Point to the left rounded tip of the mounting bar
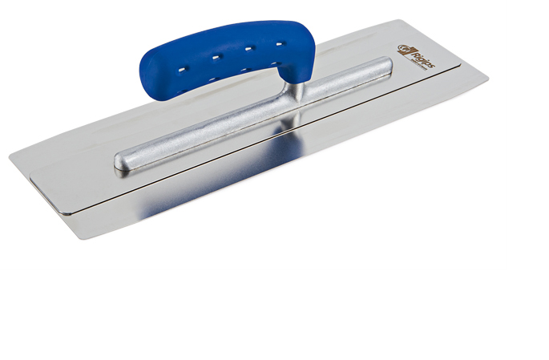[x=120, y=163]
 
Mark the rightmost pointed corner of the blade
[x=487, y=80]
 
